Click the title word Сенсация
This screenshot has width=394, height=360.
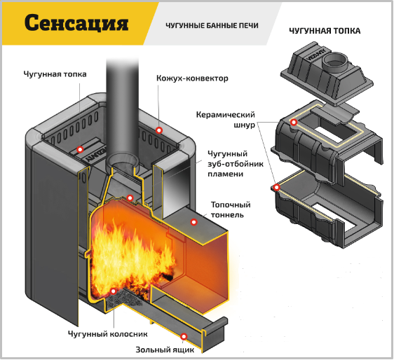pos(76,22)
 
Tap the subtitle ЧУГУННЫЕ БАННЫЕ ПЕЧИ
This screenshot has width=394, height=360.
pos(212,26)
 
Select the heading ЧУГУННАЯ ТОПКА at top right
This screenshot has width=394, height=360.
pos(325,31)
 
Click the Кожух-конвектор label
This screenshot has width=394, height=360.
pos(192,78)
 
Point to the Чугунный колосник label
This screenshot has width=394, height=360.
pos(107,334)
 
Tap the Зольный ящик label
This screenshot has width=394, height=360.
pos(165,349)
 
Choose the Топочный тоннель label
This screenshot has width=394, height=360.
pos(231,210)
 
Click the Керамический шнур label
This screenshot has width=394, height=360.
pos(226,120)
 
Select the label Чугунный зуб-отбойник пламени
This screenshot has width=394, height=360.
pos(236,164)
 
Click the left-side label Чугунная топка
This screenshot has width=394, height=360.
pos(55,74)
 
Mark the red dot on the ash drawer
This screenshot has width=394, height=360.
pos(184,336)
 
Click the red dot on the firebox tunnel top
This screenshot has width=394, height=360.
pos(193,222)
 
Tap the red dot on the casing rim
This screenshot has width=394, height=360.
pos(159,130)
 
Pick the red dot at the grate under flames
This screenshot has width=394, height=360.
pos(114,291)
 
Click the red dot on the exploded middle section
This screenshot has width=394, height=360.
pos(294,123)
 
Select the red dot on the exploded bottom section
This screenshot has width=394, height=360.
pos(277,187)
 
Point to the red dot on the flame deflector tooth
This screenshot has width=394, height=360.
pos(130,198)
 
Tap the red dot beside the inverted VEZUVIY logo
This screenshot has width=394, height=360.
pos(80,150)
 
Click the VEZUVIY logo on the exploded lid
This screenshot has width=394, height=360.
pos(316,55)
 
